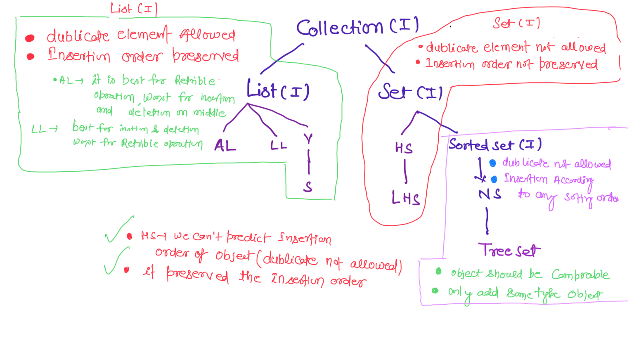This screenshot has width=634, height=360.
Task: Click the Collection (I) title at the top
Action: point(357,27)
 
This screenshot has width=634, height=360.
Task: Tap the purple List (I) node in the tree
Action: point(277,90)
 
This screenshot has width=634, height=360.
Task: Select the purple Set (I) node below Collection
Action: point(410,92)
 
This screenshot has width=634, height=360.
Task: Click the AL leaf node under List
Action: point(225,146)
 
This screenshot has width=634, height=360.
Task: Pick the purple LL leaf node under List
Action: point(279,145)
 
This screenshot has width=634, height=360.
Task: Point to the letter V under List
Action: point(308,139)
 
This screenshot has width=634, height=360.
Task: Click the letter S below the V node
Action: point(308,187)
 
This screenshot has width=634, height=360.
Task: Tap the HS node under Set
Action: point(404,148)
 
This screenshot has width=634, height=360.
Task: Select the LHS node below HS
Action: point(405,199)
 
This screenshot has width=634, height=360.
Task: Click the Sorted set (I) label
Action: point(495,145)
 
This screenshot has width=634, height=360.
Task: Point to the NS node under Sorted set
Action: point(490,194)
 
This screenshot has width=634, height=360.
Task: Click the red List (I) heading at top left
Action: point(134,9)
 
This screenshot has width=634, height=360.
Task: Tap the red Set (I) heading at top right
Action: point(516,23)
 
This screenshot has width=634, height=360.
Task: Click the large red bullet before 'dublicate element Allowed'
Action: point(30,38)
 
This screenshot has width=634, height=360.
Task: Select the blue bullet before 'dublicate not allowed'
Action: point(492,163)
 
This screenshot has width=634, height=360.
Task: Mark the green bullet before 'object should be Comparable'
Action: point(438,271)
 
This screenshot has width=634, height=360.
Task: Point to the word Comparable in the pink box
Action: point(580,275)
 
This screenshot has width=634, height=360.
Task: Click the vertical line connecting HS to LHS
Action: point(405,172)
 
